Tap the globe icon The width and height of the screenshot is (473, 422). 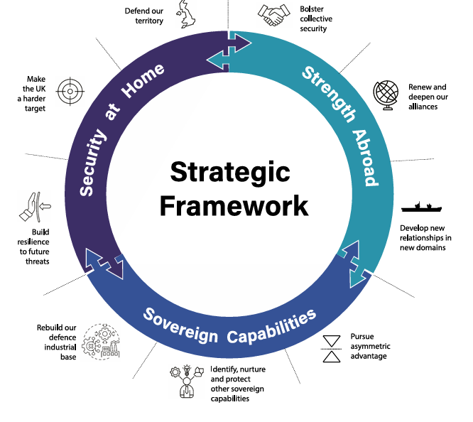pyautogui.click(x=386, y=94)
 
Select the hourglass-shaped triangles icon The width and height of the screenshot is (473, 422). pyautogui.click(x=332, y=348)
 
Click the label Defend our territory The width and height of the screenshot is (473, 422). pyautogui.click(x=144, y=16)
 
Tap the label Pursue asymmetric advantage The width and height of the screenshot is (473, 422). pyautogui.click(x=370, y=345)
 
